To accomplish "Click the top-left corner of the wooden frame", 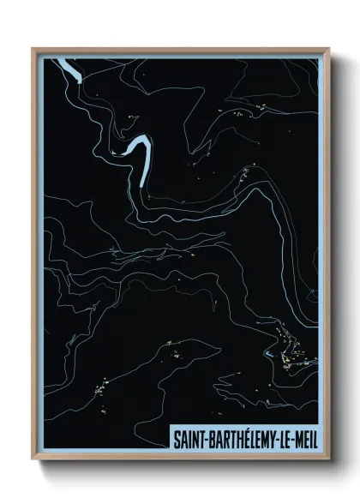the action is tap(33, 49).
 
